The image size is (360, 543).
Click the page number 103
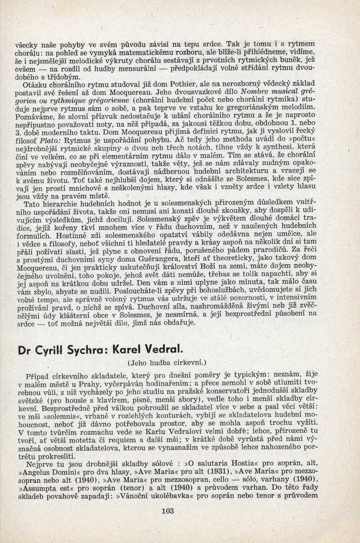(x=166, y=511)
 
